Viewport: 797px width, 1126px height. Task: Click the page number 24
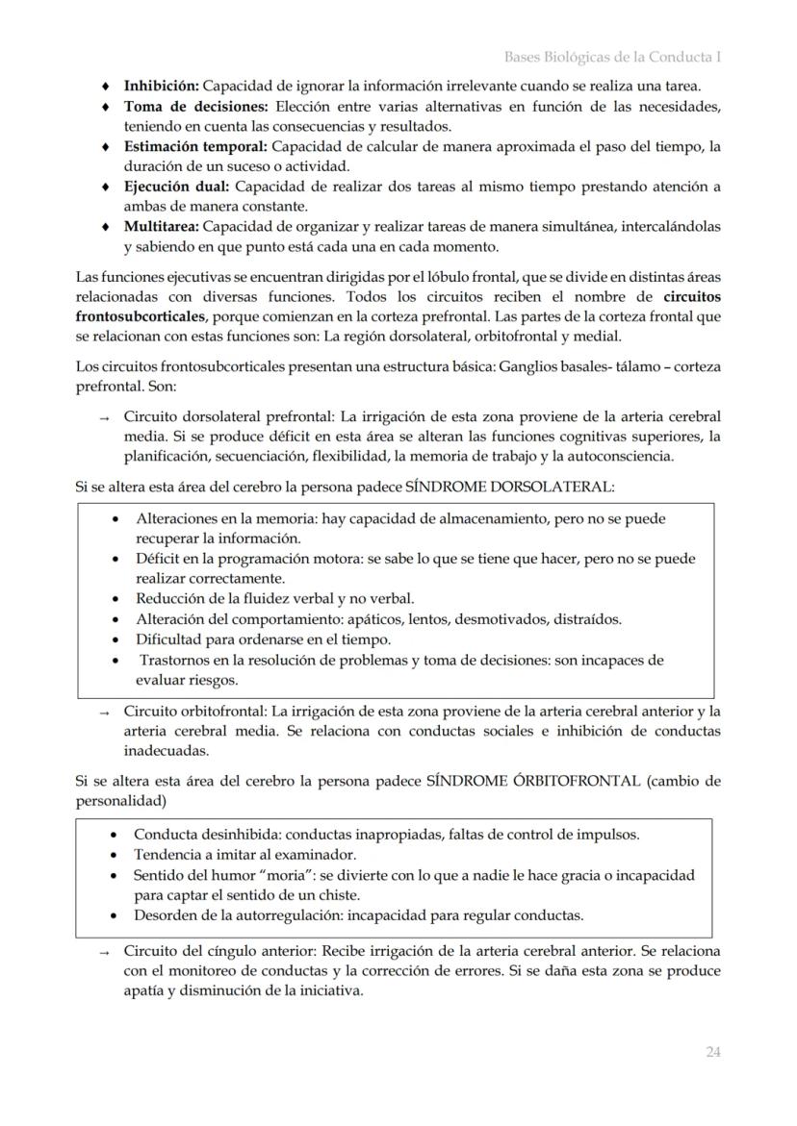[712, 1052]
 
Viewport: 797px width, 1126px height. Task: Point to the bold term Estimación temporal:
[196, 147]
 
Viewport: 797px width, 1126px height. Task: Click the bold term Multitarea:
[161, 227]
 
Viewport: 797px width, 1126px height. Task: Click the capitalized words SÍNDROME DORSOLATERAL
[508, 487]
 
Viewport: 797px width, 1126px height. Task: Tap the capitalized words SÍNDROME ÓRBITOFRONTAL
[532, 781]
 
